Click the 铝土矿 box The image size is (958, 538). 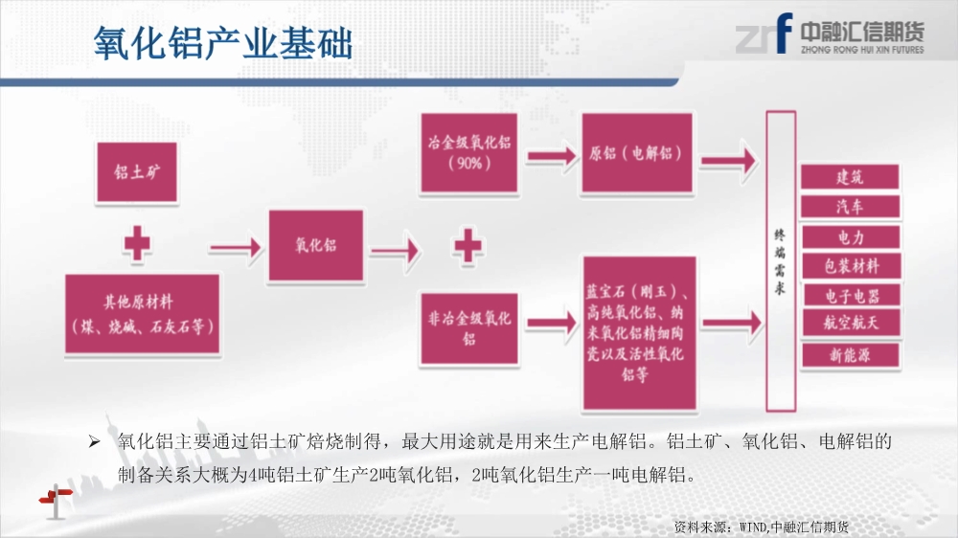pos(137,172)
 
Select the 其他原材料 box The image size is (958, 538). pos(143,314)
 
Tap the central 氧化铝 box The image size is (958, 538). pos(316,245)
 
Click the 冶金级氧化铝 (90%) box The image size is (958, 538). pos(468,153)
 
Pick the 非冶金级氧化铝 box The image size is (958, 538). pos(468,328)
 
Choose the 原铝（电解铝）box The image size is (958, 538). pos(637,153)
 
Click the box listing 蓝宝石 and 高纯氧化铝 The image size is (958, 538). pos(639,333)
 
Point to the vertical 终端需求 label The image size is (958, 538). pos(780,261)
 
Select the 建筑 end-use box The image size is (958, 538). pos(850,177)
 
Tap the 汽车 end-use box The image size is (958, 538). pos(850,207)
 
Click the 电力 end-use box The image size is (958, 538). pos(851,237)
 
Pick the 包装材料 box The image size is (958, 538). pos(851,265)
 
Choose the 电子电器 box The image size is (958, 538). pos(851,296)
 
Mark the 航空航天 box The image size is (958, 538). pos(851,322)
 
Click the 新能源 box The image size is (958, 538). pos(851,355)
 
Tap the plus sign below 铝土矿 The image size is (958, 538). pos(137,244)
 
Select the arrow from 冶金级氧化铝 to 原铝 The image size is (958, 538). pos(552,157)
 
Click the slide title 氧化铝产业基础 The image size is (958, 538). pos(223,43)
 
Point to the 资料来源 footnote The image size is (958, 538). pos(762,527)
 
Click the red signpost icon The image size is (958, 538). pos(56,501)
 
